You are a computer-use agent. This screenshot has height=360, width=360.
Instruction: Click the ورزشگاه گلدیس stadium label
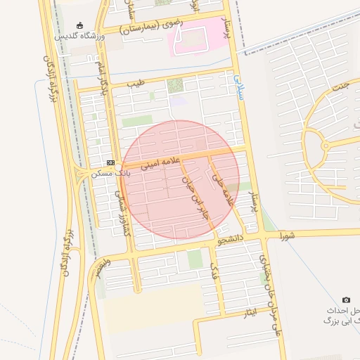(x=79, y=35)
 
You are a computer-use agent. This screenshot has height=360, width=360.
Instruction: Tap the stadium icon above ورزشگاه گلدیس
(x=78, y=25)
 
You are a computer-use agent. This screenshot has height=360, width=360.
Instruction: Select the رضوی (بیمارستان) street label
(x=151, y=27)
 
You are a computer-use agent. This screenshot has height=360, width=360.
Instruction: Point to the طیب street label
(x=136, y=84)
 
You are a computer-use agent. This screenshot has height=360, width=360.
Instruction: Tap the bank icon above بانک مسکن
(x=110, y=162)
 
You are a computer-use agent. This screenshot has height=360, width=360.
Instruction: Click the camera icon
(x=345, y=300)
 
